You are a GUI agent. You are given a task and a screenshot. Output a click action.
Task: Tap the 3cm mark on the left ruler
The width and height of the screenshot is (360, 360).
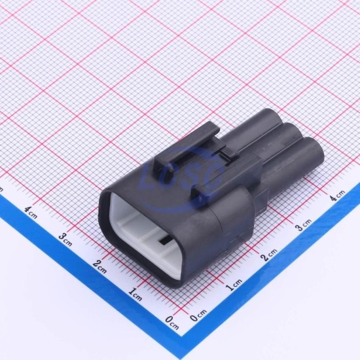[65, 240]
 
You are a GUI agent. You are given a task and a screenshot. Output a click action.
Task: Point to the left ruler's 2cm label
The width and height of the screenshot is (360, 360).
[100, 267]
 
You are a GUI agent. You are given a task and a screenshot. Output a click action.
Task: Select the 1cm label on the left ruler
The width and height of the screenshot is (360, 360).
[135, 295]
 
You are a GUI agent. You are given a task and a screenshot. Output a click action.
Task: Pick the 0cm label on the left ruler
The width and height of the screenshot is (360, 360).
[172, 323]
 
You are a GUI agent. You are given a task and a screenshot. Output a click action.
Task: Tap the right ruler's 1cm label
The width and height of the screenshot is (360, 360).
[234, 285]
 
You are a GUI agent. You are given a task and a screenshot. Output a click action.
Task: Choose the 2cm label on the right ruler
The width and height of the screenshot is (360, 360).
[269, 255]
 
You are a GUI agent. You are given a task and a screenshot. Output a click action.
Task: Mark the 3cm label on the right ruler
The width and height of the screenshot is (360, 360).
[304, 225]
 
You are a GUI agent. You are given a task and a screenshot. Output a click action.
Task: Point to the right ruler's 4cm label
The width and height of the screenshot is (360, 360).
[337, 196]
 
